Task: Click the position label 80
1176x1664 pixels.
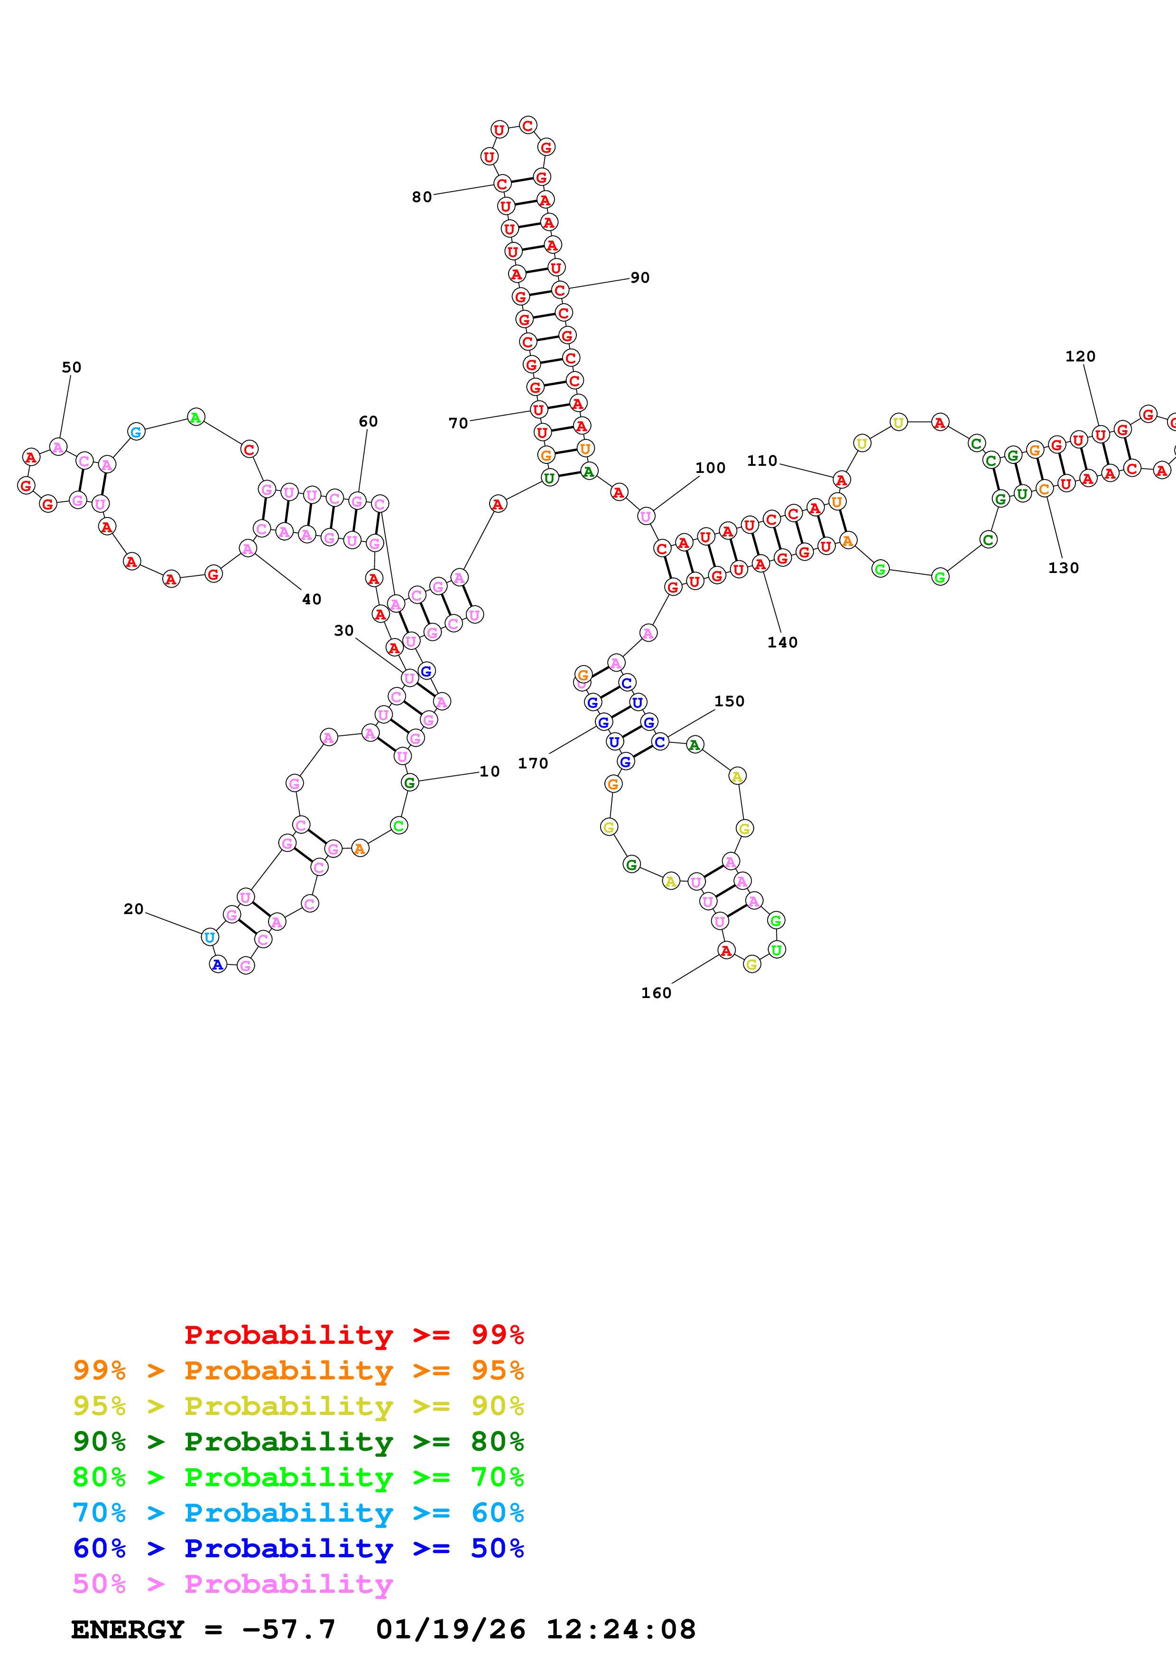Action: [x=422, y=197]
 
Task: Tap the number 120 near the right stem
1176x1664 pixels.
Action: [x=1080, y=357]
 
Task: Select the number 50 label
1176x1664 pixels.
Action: [x=72, y=368]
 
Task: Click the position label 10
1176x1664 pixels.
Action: [x=490, y=771]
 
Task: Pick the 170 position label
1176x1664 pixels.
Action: [x=533, y=763]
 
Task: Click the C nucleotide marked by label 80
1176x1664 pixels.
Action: [x=502, y=184]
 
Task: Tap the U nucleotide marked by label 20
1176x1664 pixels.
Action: [x=209, y=937]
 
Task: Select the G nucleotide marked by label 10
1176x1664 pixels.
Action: [x=409, y=782]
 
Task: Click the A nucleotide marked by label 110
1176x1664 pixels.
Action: [x=841, y=480]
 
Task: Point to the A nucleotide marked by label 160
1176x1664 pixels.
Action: [x=726, y=950]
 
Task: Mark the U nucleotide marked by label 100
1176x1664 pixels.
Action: [x=646, y=516]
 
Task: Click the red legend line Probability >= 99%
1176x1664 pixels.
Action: [x=353, y=1335]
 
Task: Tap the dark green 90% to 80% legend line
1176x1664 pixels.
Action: [x=298, y=1442]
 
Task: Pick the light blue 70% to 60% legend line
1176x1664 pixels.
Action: [x=298, y=1513]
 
